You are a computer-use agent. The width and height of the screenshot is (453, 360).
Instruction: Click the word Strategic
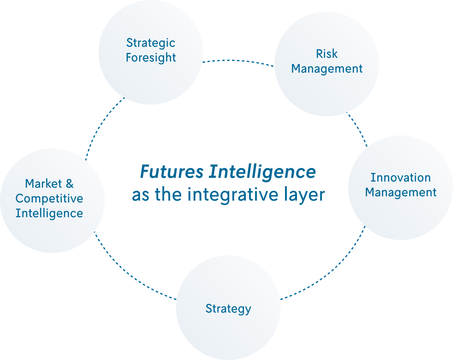(150, 43)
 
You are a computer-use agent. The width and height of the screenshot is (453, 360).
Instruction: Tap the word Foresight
(151, 58)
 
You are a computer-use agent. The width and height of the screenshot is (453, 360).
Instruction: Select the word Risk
(327, 54)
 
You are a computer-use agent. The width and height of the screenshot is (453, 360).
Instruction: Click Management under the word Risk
(327, 69)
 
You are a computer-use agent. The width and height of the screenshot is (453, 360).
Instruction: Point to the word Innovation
(400, 178)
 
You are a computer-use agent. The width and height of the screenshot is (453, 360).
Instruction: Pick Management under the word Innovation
(401, 192)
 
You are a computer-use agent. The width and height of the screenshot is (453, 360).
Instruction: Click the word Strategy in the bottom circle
(228, 309)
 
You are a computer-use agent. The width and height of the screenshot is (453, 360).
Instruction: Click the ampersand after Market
(70, 184)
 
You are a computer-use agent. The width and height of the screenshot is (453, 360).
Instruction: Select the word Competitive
(49, 198)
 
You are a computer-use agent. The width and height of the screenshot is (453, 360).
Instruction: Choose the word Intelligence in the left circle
(49, 213)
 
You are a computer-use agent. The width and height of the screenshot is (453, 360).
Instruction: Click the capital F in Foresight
(129, 58)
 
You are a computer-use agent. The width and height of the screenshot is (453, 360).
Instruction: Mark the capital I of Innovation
(372, 178)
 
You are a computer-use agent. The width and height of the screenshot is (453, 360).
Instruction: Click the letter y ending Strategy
(248, 310)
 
